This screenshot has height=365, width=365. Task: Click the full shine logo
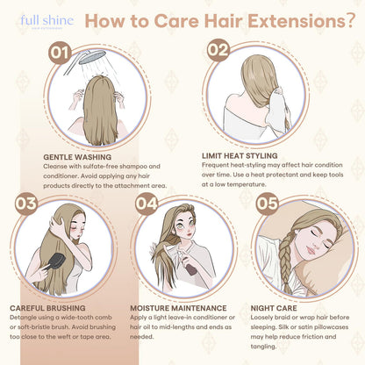pyautogui.click(x=47, y=22)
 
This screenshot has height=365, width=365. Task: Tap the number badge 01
pyautogui.click(x=61, y=53)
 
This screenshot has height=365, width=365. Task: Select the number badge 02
pyautogui.click(x=218, y=50)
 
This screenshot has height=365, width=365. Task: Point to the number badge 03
pyautogui.click(x=26, y=204)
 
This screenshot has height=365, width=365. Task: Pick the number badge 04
pyautogui.click(x=147, y=204)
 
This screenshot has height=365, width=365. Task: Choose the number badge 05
pyautogui.click(x=267, y=204)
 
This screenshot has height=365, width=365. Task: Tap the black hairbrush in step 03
pyautogui.click(x=56, y=262)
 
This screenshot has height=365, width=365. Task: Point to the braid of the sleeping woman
pyautogui.click(x=286, y=261)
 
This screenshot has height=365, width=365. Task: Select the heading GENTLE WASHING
pyautogui.click(x=77, y=157)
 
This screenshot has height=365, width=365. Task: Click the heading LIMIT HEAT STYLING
pyautogui.click(x=240, y=155)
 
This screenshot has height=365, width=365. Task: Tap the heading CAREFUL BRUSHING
pyautogui.click(x=47, y=308)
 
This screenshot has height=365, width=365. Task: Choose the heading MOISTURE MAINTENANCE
pyautogui.click(x=178, y=308)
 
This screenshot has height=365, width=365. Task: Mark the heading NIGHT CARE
pyautogui.click(x=274, y=308)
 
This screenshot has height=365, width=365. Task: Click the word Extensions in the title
pyautogui.click(x=297, y=21)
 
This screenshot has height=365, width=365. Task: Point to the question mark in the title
pyautogui.click(x=350, y=21)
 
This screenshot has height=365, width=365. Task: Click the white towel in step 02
pyautogui.click(x=278, y=108)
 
